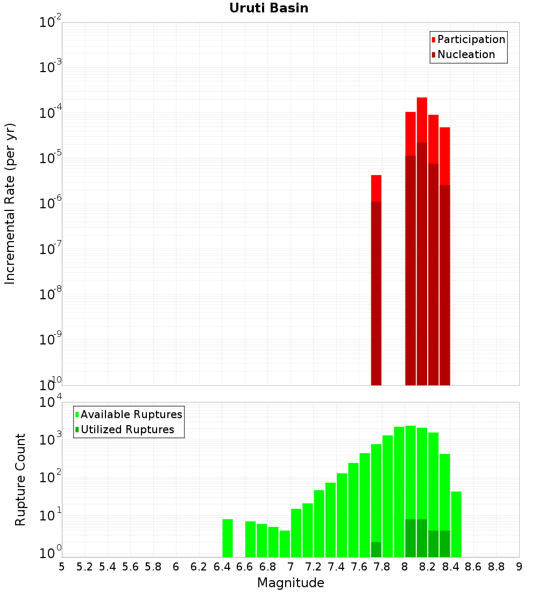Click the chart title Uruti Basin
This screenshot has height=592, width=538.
[268, 8]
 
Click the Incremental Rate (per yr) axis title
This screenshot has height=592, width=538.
[10, 203]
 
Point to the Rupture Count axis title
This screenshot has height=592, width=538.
[20, 480]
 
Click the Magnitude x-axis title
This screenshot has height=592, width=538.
[291, 582]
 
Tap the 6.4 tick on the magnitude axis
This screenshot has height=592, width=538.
[222, 567]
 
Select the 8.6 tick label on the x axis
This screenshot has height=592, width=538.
[473, 567]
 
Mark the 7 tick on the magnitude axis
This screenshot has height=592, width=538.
[291, 567]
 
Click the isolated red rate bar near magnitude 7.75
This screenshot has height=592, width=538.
[376, 280]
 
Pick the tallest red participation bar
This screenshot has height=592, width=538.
[422, 242]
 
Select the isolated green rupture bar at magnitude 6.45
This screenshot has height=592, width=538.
[228, 538]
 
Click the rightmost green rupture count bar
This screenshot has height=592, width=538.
[456, 524]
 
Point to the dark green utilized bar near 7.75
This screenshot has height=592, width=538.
[376, 549]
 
